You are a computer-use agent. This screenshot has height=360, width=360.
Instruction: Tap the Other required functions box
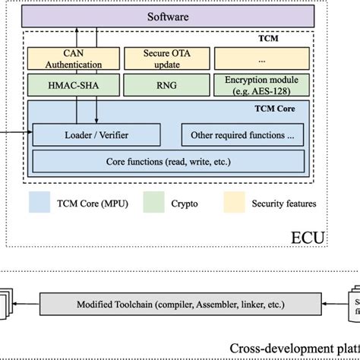243,135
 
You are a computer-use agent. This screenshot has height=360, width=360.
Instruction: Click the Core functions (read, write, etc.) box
169,162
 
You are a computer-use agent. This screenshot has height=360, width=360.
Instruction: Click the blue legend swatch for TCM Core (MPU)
39,204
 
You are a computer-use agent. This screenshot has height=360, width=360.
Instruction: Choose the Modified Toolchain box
181,305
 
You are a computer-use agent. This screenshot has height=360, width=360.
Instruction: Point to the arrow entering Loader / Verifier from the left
15,135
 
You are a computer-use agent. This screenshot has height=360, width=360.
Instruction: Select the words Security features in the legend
286,204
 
